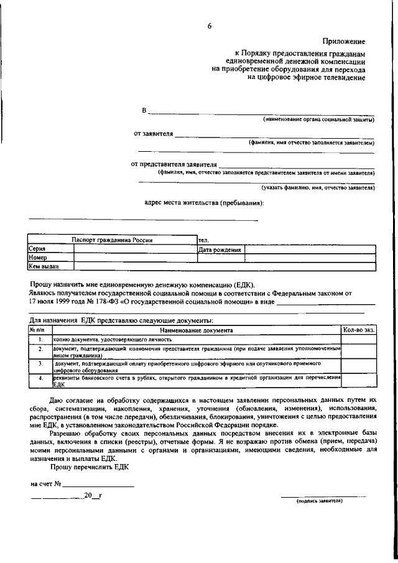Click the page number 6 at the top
210,26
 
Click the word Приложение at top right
343,42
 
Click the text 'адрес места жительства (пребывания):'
203,203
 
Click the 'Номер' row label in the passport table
39,258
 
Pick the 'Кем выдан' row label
44,266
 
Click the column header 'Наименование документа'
196,330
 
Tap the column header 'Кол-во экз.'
359,330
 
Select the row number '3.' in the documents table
40,362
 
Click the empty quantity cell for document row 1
359,340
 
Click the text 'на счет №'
45,483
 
